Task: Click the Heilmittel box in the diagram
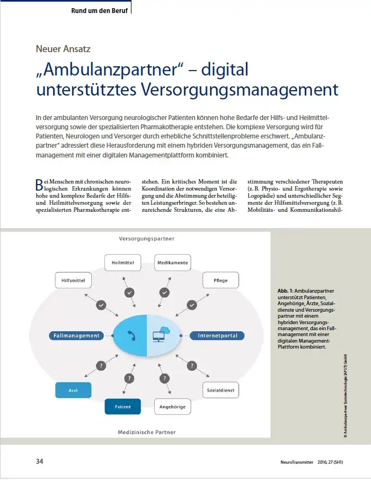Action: point(123,263)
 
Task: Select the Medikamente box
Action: point(173,263)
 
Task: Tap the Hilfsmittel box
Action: point(73,280)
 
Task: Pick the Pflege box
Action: point(221,280)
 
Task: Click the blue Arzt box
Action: point(73,390)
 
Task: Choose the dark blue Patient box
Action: point(123,407)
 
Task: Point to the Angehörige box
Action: point(173,407)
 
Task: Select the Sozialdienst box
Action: point(221,390)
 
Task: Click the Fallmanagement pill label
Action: point(76,336)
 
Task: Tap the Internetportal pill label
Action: point(217,336)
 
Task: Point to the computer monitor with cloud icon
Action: point(161,334)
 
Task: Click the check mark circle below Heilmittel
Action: point(129,293)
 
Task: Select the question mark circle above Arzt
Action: point(101,365)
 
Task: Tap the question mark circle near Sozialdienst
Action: point(192,365)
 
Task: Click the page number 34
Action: point(40,462)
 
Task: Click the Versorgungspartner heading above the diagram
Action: point(147,238)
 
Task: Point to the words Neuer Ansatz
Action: point(63,49)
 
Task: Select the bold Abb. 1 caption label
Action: point(286,291)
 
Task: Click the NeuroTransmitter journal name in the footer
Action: point(297,462)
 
